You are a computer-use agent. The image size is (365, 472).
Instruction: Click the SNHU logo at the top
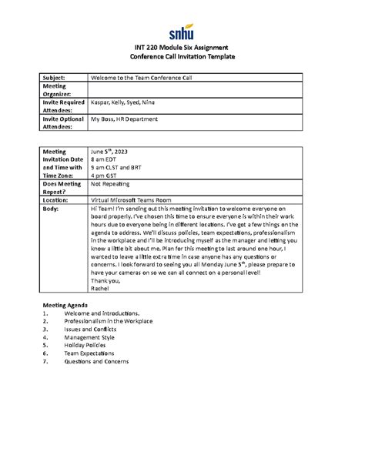[x=182, y=32]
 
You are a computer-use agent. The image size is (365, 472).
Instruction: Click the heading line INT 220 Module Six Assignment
[x=182, y=49]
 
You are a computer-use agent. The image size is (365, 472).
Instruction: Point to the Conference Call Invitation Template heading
[x=182, y=58]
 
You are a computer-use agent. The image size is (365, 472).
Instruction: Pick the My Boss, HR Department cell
[x=124, y=119]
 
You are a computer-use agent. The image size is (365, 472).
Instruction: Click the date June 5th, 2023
[x=112, y=152]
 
